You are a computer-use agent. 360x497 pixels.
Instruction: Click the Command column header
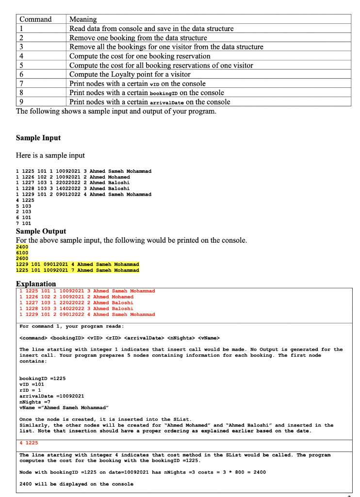point(35,19)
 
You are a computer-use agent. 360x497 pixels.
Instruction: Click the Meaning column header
point(83,19)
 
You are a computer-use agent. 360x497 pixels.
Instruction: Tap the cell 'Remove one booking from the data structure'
point(138,38)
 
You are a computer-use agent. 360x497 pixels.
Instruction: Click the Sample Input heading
point(38,138)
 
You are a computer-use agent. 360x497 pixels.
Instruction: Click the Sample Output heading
point(41,231)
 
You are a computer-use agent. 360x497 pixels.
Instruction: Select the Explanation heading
point(36,283)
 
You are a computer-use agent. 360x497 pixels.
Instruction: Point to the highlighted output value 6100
point(22,252)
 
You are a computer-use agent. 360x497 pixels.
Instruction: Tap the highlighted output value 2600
point(22,258)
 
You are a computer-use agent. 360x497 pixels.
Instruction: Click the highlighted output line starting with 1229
point(78,264)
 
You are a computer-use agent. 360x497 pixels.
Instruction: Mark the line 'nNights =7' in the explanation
point(36,402)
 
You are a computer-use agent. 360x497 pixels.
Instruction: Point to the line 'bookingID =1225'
point(42,378)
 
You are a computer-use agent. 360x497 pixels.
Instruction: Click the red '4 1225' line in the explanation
point(29,443)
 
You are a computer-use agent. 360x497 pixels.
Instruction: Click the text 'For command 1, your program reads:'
point(71,326)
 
